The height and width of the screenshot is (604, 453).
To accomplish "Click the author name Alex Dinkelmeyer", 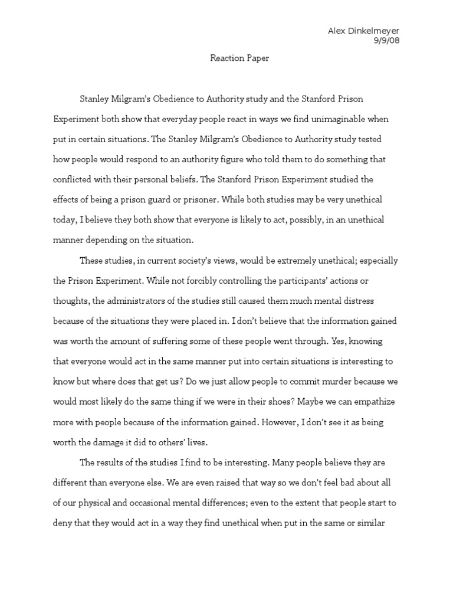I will [x=367, y=31].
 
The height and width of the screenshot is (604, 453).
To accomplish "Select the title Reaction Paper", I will [x=239, y=58].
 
